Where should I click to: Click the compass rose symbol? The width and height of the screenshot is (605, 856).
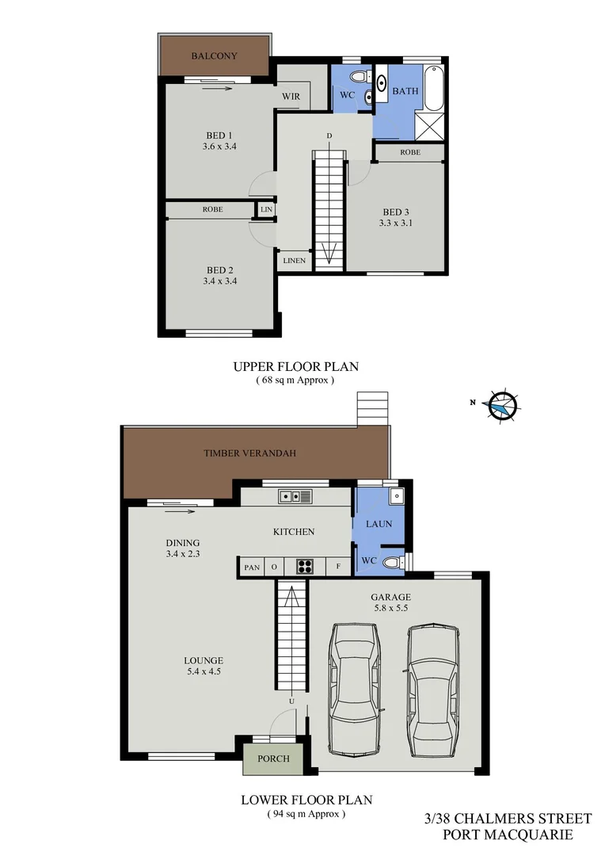point(501,406)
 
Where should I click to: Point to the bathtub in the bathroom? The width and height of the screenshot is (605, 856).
point(434,90)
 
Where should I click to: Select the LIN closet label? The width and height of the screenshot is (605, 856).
point(266,209)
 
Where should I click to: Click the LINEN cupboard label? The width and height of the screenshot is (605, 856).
point(294,260)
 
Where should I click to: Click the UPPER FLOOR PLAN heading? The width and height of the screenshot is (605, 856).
point(295,366)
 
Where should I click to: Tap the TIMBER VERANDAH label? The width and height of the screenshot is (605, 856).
point(249,453)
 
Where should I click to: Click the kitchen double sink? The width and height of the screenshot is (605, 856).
point(295,496)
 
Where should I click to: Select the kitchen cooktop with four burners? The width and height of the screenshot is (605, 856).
point(306,566)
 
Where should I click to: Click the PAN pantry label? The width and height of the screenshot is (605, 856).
point(252,567)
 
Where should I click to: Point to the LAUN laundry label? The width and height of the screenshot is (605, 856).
point(379,524)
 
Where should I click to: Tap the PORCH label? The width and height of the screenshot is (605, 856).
point(273,759)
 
